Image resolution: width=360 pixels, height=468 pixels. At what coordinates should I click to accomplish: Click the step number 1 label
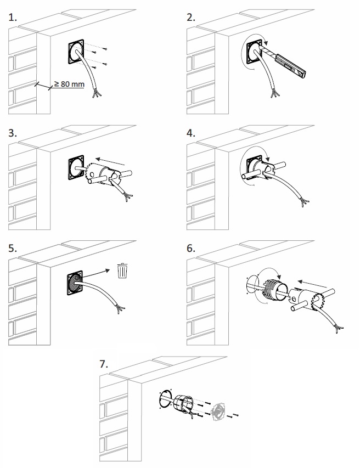coord(13,18)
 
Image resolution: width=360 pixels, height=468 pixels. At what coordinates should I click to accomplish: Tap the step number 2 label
coord(191,18)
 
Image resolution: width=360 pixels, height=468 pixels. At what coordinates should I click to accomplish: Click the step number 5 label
coord(13,248)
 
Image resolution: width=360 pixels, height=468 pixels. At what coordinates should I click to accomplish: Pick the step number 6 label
coord(191,248)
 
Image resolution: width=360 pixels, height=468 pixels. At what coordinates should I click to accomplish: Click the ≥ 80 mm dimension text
coord(69,84)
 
